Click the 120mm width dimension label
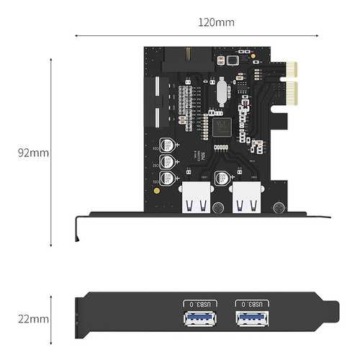216,22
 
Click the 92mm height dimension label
34,153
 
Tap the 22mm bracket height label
34,318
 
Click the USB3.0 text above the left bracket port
195,304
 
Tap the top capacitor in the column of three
166,144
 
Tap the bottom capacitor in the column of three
166,177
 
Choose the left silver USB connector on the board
197,199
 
